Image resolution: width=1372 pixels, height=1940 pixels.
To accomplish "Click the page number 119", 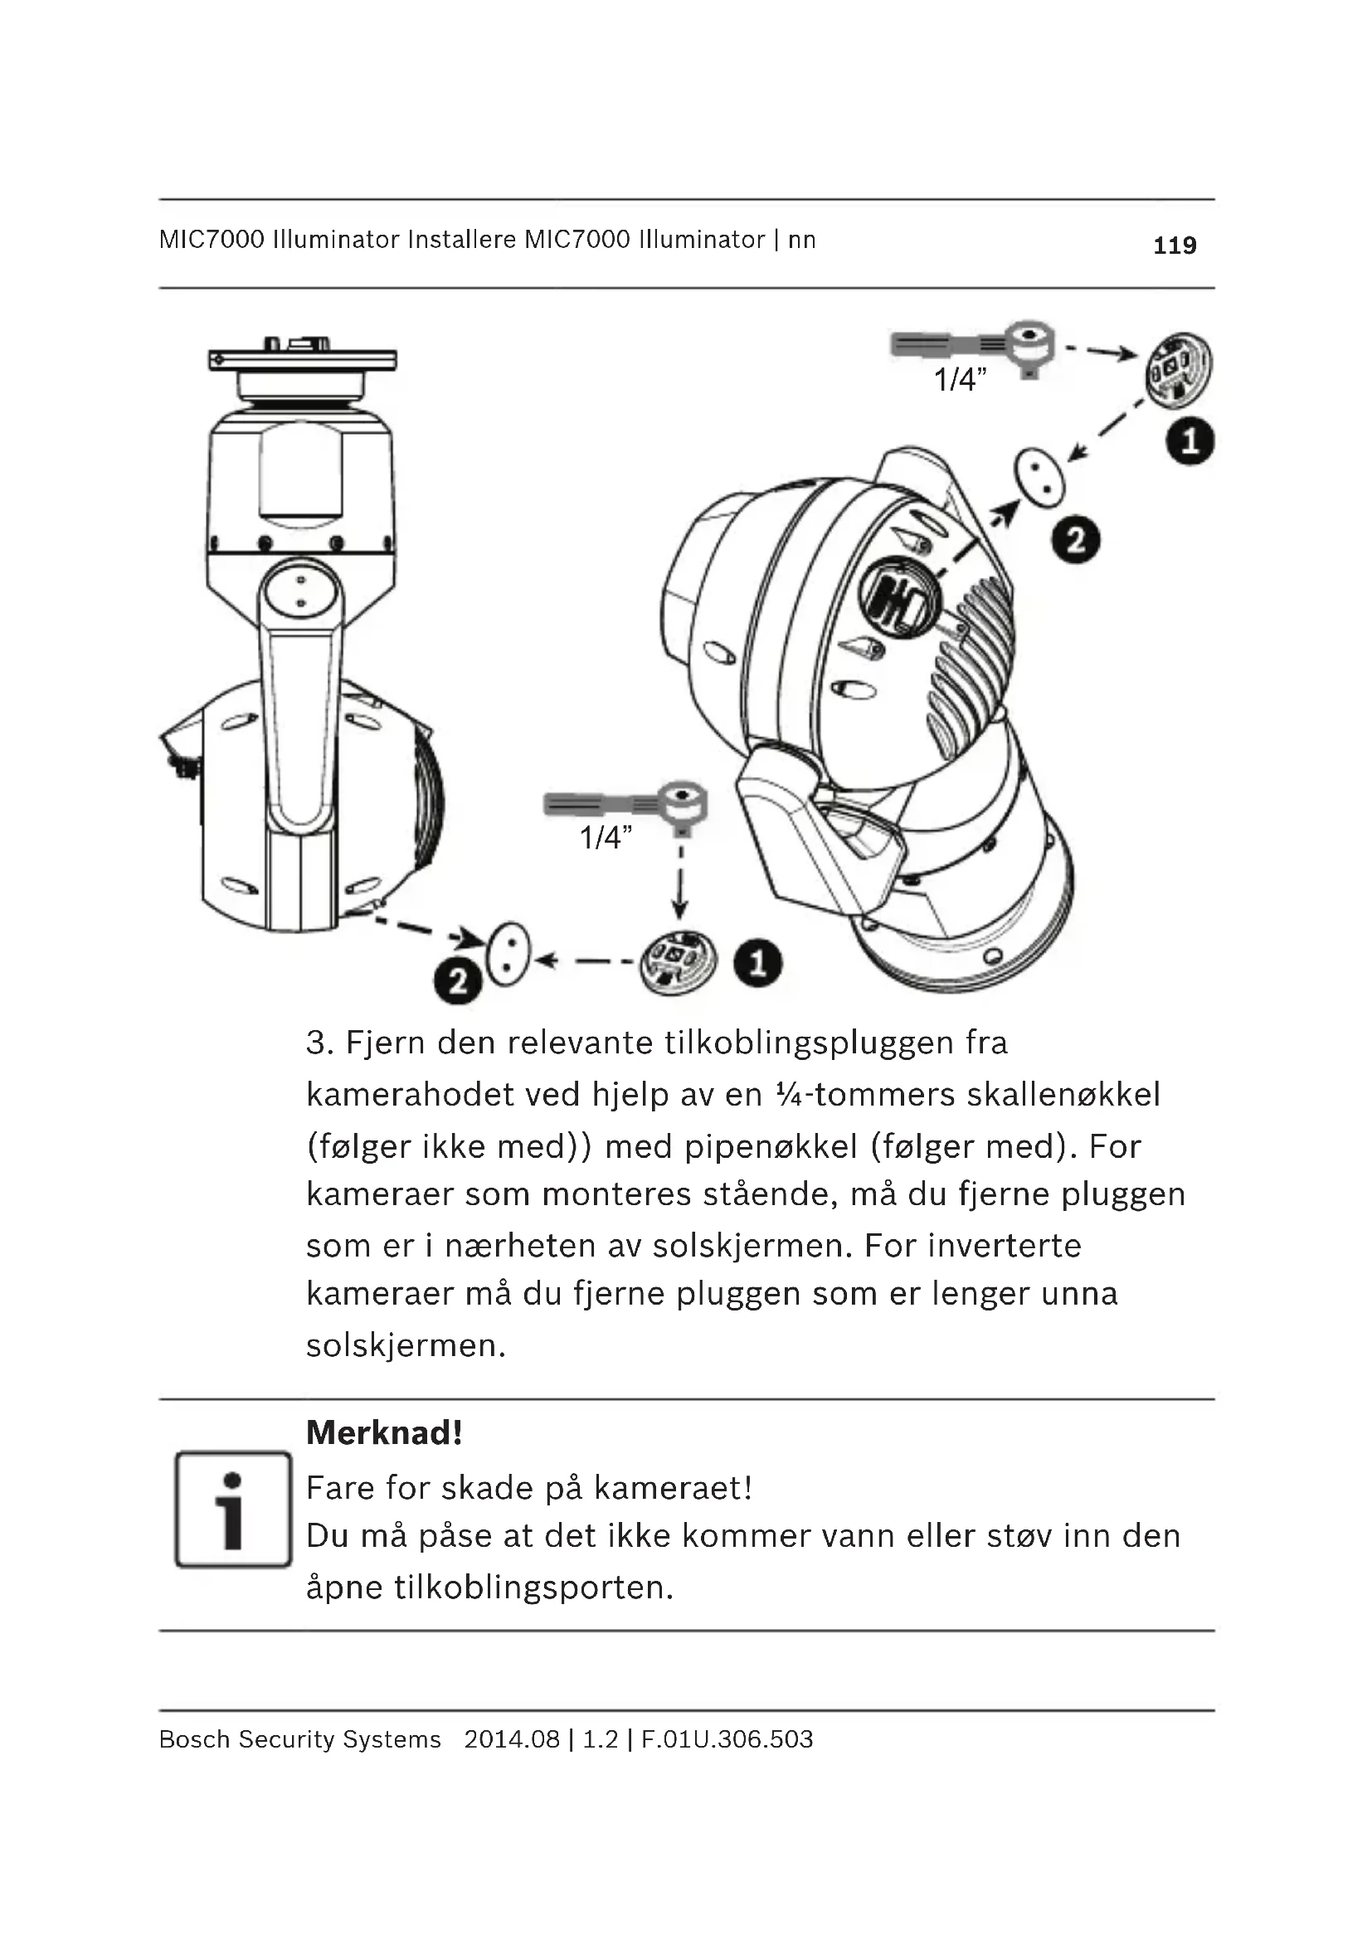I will click(x=1175, y=246).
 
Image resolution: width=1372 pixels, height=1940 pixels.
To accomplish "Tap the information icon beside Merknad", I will click(x=233, y=1509).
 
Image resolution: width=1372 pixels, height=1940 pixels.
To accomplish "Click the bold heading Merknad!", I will click(x=384, y=1433).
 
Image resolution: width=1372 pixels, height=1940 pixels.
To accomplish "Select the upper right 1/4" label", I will click(x=960, y=380).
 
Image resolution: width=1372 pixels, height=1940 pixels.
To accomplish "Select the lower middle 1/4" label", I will click(x=606, y=839).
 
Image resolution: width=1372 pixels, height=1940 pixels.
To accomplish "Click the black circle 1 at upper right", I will click(x=1190, y=441).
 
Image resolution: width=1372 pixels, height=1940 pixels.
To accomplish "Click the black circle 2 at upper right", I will click(x=1076, y=541).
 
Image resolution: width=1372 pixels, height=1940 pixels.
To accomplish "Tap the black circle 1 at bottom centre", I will click(x=758, y=964).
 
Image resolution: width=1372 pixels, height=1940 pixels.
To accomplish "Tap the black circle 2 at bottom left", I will click(x=458, y=982).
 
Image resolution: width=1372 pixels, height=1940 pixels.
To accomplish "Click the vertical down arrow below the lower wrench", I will click(x=680, y=887).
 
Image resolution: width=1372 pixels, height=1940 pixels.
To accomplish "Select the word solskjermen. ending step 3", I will click(x=406, y=1345).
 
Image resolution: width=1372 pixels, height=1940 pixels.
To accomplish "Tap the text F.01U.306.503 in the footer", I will click(x=727, y=1739).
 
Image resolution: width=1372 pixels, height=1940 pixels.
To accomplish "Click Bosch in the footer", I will click(x=193, y=1739).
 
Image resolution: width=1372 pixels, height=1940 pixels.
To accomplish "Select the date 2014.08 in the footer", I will click(x=512, y=1739).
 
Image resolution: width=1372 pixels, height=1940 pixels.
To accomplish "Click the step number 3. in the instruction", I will click(x=320, y=1043).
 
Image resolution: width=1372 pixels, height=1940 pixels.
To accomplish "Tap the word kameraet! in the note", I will click(x=674, y=1488).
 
